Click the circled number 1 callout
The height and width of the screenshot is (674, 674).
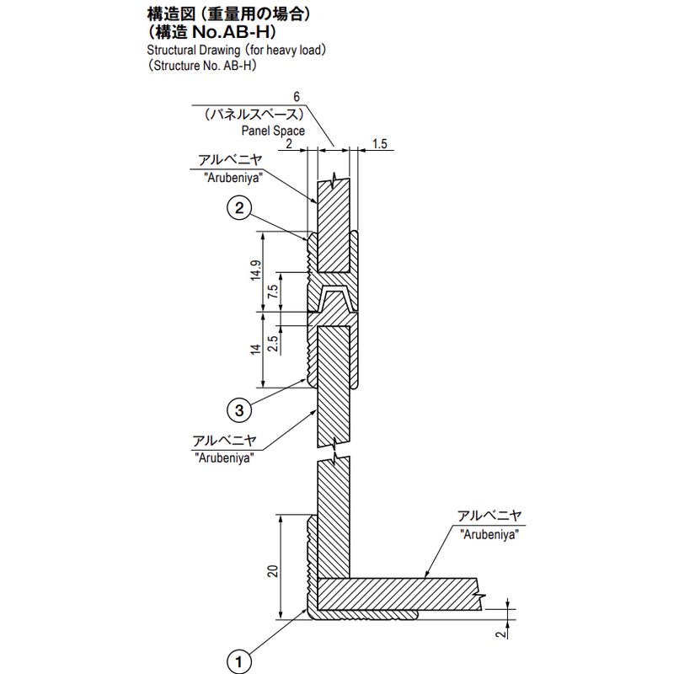point(240,661)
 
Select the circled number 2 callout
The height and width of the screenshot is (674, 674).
point(240,207)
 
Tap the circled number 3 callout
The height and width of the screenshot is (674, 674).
point(240,410)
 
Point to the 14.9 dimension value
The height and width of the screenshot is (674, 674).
point(255,271)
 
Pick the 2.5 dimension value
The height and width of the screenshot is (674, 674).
point(273,343)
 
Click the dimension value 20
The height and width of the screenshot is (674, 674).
point(272,570)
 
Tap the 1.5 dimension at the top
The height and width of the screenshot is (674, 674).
point(378,144)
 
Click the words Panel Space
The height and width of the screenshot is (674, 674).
point(273,131)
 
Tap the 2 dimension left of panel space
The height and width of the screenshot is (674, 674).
point(288,144)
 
